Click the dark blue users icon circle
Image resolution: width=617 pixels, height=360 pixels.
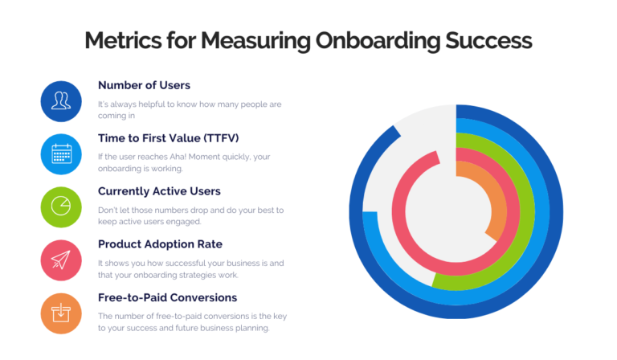(60, 101)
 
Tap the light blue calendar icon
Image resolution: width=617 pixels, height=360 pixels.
(60, 153)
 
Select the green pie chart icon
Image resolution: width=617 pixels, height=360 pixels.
(60, 206)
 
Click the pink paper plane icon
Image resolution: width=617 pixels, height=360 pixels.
(60, 260)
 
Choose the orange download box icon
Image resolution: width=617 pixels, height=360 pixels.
(60, 313)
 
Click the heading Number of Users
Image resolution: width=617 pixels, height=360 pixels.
(144, 85)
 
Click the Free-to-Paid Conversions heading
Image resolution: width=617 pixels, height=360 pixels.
(167, 297)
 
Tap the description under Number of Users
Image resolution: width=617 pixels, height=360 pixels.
(190, 110)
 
